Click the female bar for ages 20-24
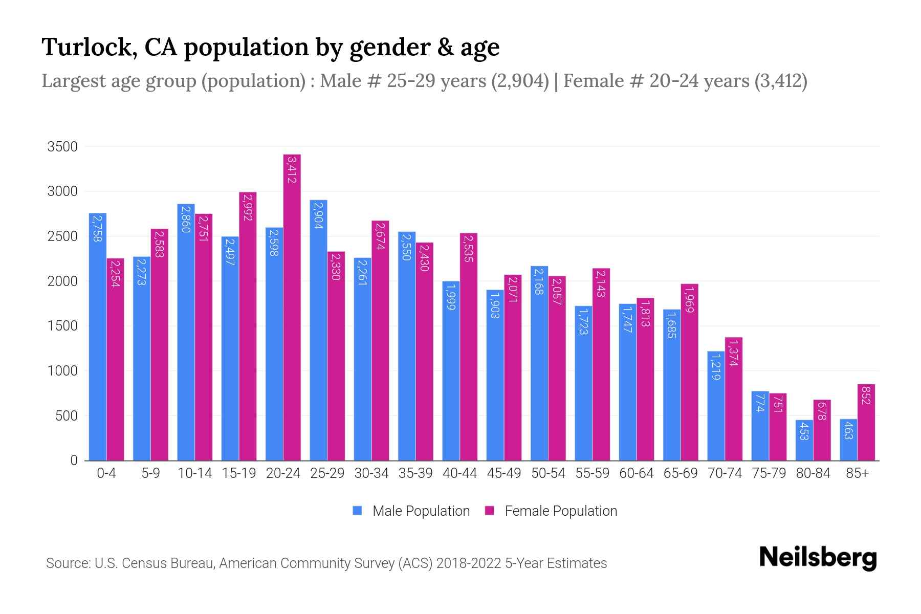(x=292, y=307)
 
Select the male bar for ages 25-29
(x=318, y=330)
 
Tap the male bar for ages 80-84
(x=804, y=440)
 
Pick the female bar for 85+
(x=866, y=422)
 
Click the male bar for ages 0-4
(x=98, y=337)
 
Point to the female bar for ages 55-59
(x=601, y=364)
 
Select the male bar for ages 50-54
(x=539, y=363)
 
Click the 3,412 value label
(x=292, y=170)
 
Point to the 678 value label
(x=822, y=410)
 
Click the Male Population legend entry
(x=411, y=511)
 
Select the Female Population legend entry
(x=551, y=511)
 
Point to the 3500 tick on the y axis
(x=62, y=147)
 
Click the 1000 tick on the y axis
(x=62, y=371)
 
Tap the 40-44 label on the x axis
(x=459, y=473)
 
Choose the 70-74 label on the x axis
(x=725, y=473)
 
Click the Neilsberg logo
(x=818, y=557)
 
